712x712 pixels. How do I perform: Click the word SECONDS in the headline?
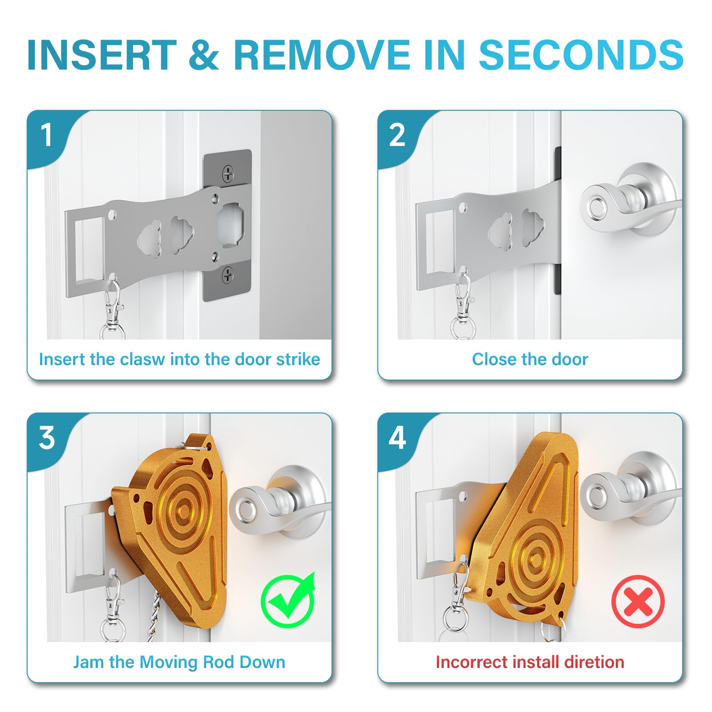coord(581,55)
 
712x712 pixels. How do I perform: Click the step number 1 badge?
coord(46,135)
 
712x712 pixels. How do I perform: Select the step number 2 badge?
coord(397,135)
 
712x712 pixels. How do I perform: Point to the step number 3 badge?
coord(46,438)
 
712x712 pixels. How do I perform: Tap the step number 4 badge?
coord(397,438)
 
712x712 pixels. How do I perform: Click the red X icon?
coord(638,602)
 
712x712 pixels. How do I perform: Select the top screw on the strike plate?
coord(228,174)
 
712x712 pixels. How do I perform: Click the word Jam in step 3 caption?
coord(89,662)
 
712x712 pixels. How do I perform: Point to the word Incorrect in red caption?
coord(472,662)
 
